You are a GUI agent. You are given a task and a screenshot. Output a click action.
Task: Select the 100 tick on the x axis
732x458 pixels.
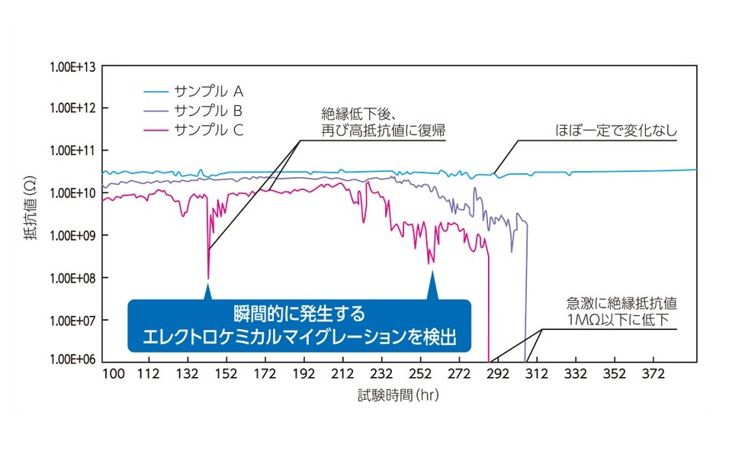(x=112, y=375)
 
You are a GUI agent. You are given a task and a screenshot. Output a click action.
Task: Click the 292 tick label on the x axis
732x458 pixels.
(x=498, y=375)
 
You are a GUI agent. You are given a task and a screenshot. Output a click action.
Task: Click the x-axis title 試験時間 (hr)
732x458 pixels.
(x=399, y=396)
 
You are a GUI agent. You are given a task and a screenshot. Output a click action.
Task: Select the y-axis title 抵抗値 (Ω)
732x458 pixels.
(x=29, y=214)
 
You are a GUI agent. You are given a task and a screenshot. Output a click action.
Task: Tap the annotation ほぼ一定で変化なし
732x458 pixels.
(x=616, y=131)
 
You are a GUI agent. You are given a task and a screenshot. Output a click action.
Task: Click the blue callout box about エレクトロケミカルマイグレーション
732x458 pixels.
(x=299, y=324)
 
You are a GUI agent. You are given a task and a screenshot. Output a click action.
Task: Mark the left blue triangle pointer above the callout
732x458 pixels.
(x=208, y=292)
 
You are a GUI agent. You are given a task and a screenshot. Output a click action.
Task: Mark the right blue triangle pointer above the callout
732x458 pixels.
(x=432, y=282)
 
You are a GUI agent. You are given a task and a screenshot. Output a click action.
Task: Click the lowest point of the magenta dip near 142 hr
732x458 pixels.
(x=208, y=278)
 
